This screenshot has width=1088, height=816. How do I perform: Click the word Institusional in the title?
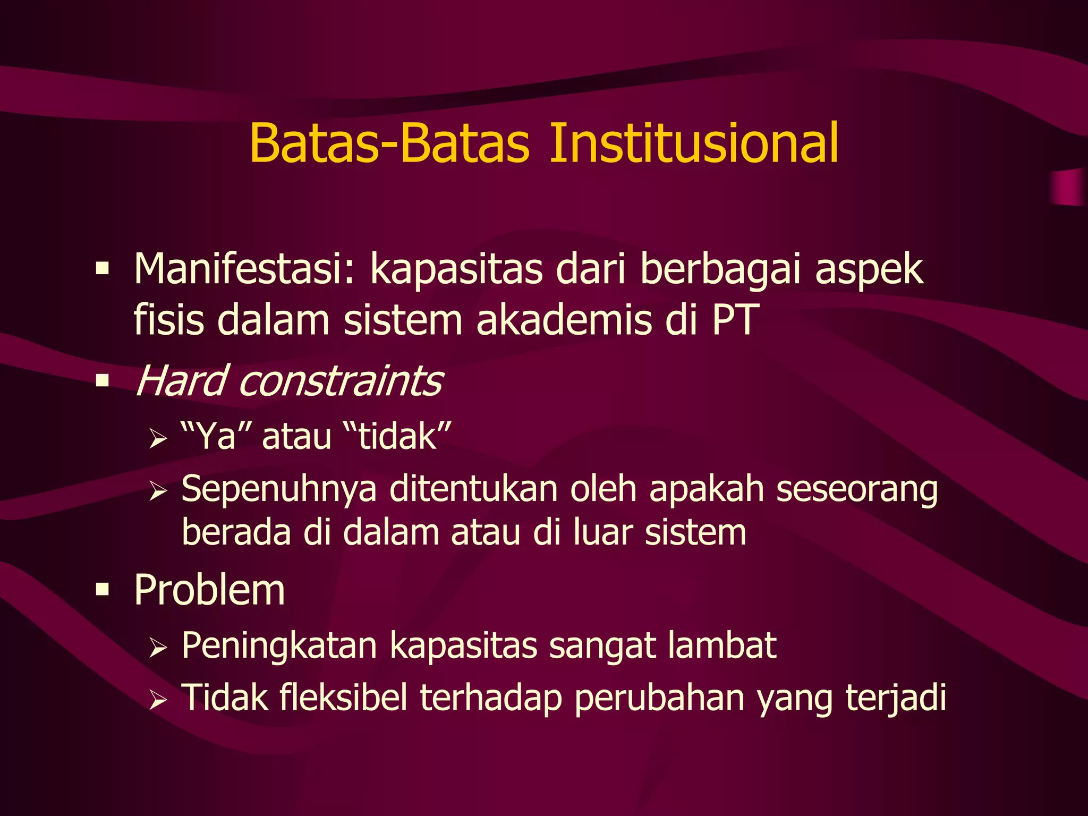coord(693,143)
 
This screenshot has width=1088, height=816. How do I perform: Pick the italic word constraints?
coord(341,380)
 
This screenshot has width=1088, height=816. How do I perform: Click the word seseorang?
coord(856,490)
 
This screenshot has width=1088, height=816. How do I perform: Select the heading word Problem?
coord(209,590)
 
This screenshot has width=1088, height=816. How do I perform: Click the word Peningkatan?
coord(279,647)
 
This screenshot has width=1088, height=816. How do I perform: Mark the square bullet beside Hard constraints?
coord(102,380)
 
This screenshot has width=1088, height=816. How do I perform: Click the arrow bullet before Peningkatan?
coord(158,648)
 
